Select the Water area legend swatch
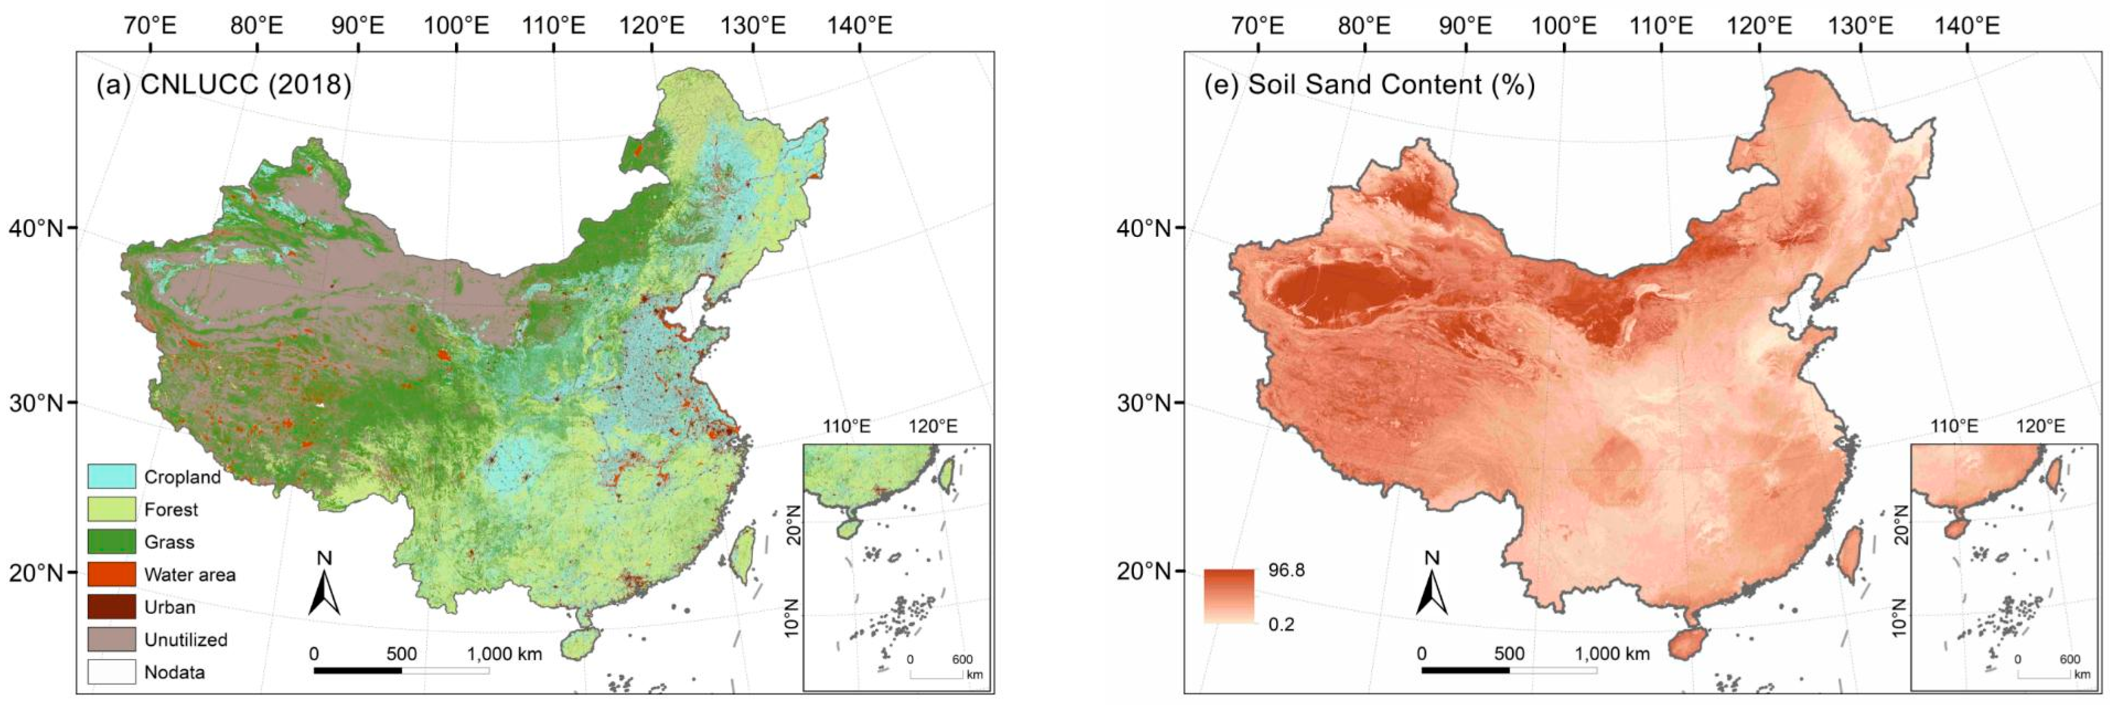111,574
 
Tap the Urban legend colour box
111,607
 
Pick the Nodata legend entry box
111,671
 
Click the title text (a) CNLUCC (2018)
223,84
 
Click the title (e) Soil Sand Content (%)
1369,84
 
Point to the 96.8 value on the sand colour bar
1286,570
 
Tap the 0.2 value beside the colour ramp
1282,624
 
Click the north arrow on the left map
324,586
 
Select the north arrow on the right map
1431,586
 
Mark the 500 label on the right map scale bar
1509,653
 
